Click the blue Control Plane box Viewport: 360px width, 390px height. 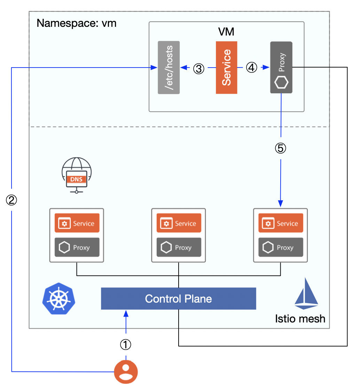[178, 299]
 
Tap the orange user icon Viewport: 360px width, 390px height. [126, 372]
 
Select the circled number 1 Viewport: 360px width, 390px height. [126, 345]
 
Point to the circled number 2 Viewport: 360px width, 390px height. [11, 200]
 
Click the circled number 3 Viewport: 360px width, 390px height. [198, 69]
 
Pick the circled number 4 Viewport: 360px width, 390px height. [251, 68]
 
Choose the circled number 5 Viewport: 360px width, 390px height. [281, 148]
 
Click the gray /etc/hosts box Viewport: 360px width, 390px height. [169, 67]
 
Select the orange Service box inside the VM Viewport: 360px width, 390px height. [226, 67]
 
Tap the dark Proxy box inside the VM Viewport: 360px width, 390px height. [281, 67]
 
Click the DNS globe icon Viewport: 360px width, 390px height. [77, 175]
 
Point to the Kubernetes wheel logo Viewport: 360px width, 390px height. [58, 298]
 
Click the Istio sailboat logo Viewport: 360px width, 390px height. [306, 294]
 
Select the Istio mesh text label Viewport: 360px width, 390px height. [300, 318]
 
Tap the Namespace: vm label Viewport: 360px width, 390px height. [77, 23]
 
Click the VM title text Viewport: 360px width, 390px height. [226, 32]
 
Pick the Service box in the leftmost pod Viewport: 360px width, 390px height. [77, 223]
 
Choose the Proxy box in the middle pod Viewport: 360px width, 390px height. [179, 248]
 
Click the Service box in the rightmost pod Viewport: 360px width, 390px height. [281, 223]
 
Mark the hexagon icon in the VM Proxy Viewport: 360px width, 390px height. [281, 84]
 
